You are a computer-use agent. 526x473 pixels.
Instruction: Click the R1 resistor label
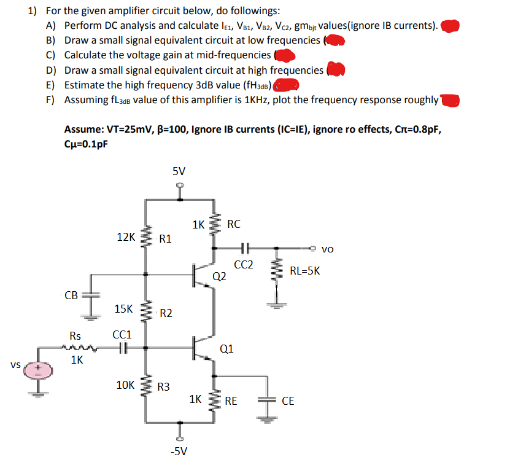click(166, 239)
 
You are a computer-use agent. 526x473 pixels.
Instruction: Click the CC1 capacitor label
click(122, 335)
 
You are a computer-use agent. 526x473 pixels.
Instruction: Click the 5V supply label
click(179, 171)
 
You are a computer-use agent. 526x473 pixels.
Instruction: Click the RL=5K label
click(304, 270)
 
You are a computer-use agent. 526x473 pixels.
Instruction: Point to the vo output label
click(328, 249)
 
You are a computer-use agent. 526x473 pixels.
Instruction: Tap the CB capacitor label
click(71, 295)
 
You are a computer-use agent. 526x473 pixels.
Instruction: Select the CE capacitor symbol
click(268, 401)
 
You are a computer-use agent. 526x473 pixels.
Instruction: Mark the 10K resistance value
click(126, 385)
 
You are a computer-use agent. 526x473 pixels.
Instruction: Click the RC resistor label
click(234, 224)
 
